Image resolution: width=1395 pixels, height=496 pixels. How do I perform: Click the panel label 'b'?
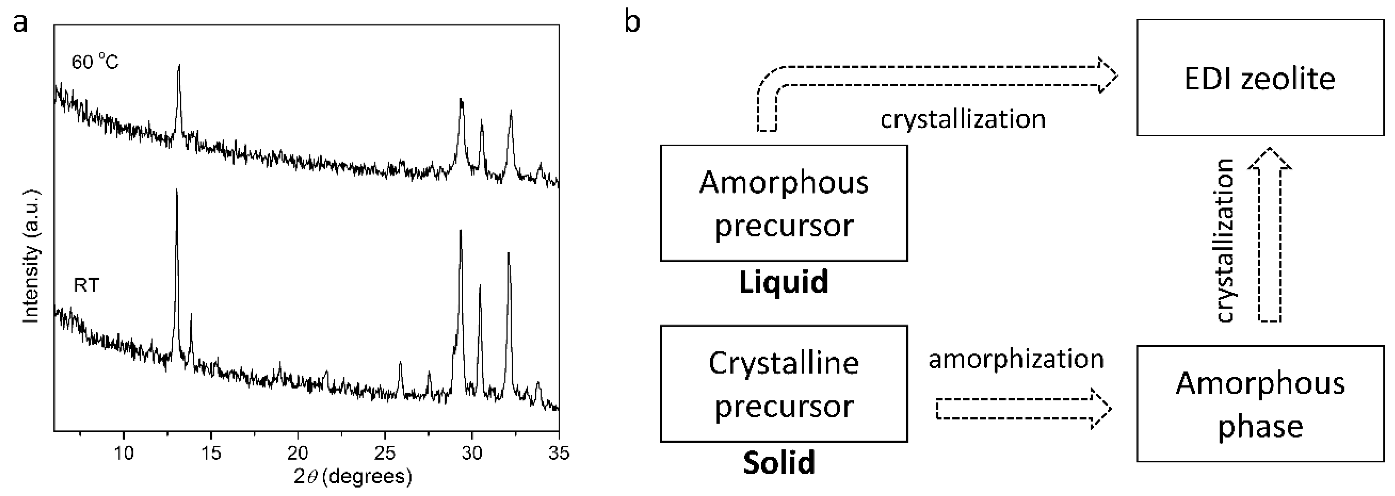pyautogui.click(x=632, y=23)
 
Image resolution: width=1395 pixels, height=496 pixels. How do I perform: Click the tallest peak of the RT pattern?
pyautogui.click(x=176, y=191)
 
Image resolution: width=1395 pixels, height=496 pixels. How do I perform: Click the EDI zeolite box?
pyautogui.click(x=1260, y=77)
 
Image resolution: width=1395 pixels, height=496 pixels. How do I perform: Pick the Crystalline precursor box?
pyautogui.click(x=784, y=384)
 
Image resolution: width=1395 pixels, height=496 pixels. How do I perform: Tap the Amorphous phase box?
pyautogui.click(x=1260, y=404)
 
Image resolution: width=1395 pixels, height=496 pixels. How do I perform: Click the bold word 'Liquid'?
pyautogui.click(x=784, y=282)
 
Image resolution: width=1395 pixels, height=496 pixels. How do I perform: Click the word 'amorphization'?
pyautogui.click(x=1016, y=359)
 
